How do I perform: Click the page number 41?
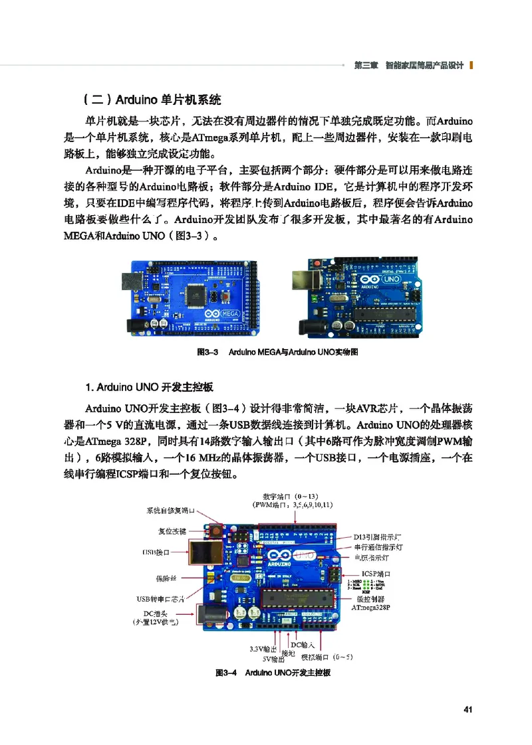click(x=467, y=709)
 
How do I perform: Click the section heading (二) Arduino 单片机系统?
click(x=152, y=100)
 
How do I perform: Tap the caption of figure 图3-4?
click(x=273, y=673)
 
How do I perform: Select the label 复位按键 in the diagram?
click(x=172, y=531)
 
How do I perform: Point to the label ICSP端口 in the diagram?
click(x=376, y=573)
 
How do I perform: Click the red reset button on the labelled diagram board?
click(x=215, y=532)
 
